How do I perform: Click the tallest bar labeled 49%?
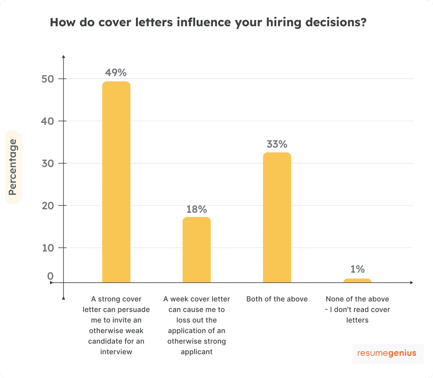116,182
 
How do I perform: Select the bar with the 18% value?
196,249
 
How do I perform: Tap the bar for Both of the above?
277,217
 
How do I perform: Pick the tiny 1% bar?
357,280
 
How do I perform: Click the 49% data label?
116,72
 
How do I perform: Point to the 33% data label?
277,143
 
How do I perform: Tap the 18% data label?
196,209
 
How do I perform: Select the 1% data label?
357,269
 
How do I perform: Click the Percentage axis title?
13,167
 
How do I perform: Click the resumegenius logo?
387,353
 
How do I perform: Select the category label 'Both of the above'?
277,299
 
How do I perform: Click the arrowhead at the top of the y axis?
63,58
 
